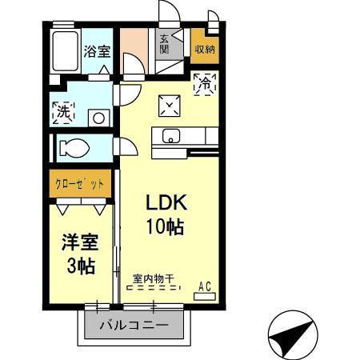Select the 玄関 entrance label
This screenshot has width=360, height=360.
click(x=164, y=44)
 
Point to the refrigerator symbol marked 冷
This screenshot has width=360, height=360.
click(x=204, y=82)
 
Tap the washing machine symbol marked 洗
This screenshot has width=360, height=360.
click(x=63, y=112)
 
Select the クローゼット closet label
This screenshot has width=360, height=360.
click(x=79, y=183)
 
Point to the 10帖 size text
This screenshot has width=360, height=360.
click(x=165, y=226)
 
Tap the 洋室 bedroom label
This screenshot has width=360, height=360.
click(x=80, y=242)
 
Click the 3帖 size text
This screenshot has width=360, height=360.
click(x=80, y=266)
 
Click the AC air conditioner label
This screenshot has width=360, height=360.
click(x=204, y=285)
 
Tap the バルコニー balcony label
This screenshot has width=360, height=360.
click(x=134, y=326)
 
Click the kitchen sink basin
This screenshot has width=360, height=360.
click(x=173, y=135)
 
